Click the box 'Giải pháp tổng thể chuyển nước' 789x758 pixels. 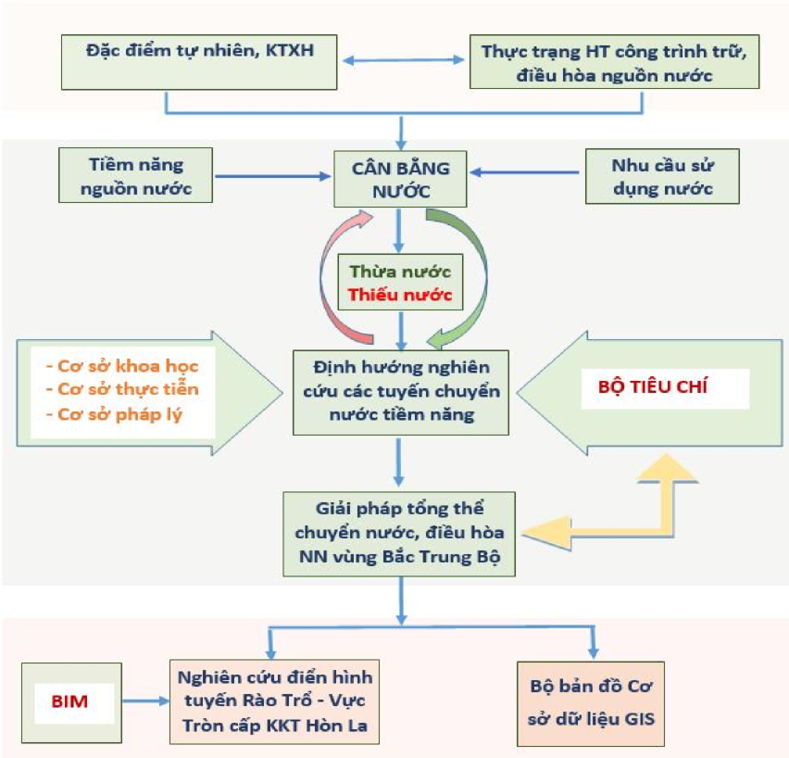pyautogui.click(x=401, y=533)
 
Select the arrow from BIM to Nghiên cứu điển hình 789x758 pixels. pyautogui.click(x=145, y=702)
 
